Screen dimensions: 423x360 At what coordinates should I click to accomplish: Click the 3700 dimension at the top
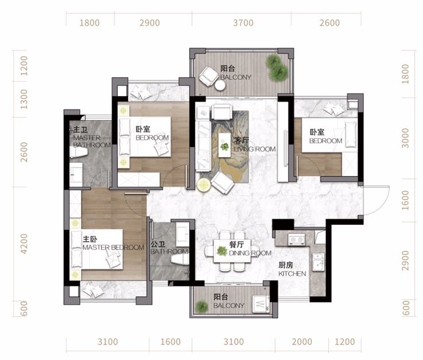243,22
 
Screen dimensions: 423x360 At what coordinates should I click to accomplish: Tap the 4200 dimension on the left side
24,244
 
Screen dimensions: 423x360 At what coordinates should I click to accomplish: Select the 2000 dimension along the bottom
302,342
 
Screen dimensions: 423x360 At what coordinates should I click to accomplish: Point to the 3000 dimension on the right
405,138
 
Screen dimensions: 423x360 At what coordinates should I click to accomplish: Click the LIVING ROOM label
255,149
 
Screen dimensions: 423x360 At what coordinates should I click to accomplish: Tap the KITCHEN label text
292,274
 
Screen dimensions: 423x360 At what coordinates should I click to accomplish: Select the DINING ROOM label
250,253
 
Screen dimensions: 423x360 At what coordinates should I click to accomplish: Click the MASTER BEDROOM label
113,247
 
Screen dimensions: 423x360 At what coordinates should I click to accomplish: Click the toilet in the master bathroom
78,152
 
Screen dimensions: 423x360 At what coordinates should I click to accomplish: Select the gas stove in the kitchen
297,239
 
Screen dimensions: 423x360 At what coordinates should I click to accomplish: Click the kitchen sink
318,262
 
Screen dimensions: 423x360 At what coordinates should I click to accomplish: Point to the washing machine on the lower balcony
260,304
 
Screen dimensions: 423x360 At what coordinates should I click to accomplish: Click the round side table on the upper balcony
220,86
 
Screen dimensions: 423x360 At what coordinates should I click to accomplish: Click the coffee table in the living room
225,145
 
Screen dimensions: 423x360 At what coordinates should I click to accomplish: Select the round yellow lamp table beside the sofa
204,185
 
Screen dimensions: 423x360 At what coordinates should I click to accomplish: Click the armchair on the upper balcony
209,76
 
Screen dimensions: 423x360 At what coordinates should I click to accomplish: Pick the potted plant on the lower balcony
202,307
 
